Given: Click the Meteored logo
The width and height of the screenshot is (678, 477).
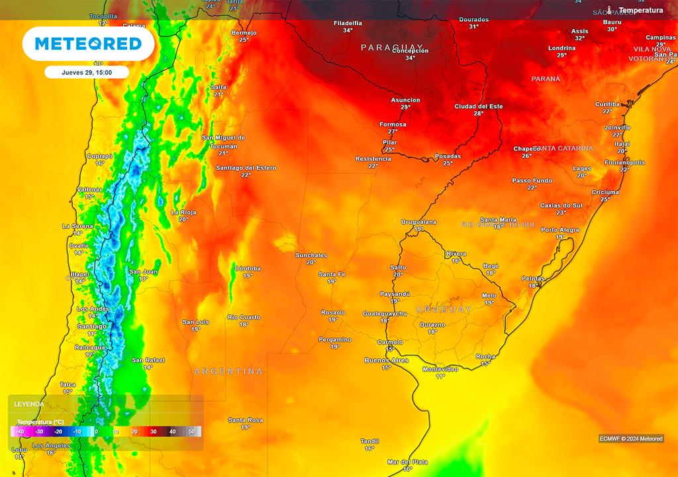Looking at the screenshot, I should [88, 44].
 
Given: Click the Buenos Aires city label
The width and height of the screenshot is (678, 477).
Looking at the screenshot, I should [386, 360].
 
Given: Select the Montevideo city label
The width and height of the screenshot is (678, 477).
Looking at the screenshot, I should [440, 369].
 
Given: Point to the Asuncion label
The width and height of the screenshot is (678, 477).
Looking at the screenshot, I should [405, 100].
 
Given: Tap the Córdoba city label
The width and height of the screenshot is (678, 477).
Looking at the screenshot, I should [248, 268].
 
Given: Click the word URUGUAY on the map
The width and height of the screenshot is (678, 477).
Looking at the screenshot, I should [444, 309].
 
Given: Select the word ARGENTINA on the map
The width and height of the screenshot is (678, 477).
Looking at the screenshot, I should [228, 372].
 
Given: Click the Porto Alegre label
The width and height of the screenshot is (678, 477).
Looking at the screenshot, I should [560, 230].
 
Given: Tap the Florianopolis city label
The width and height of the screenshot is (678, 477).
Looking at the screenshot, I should [624, 162].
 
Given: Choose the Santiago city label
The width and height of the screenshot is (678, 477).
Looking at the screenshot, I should [91, 326].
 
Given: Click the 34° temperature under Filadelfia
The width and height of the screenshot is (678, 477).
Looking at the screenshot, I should [348, 30].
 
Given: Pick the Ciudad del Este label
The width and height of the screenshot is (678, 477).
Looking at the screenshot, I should [479, 106].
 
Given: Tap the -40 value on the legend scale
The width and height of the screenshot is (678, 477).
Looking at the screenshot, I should [20, 432].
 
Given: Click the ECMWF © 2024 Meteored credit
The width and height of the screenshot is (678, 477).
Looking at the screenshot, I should [631, 439].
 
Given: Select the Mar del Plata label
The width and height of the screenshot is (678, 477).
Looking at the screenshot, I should [407, 462].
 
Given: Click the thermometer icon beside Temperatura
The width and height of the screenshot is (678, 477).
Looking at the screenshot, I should [612, 11].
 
